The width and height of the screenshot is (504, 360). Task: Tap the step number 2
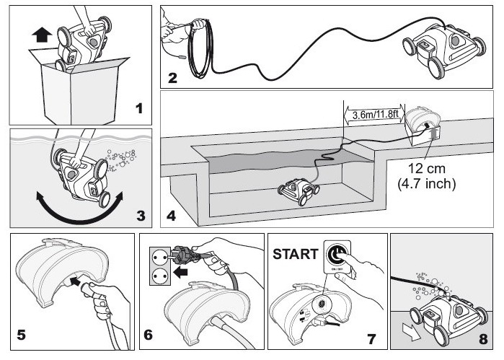click(172, 79)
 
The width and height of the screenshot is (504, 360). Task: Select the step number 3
click(141, 214)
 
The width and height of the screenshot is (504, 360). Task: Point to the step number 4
click(171, 214)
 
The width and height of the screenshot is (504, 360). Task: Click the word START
click(295, 253)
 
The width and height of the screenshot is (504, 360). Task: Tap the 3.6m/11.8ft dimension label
click(371, 113)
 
